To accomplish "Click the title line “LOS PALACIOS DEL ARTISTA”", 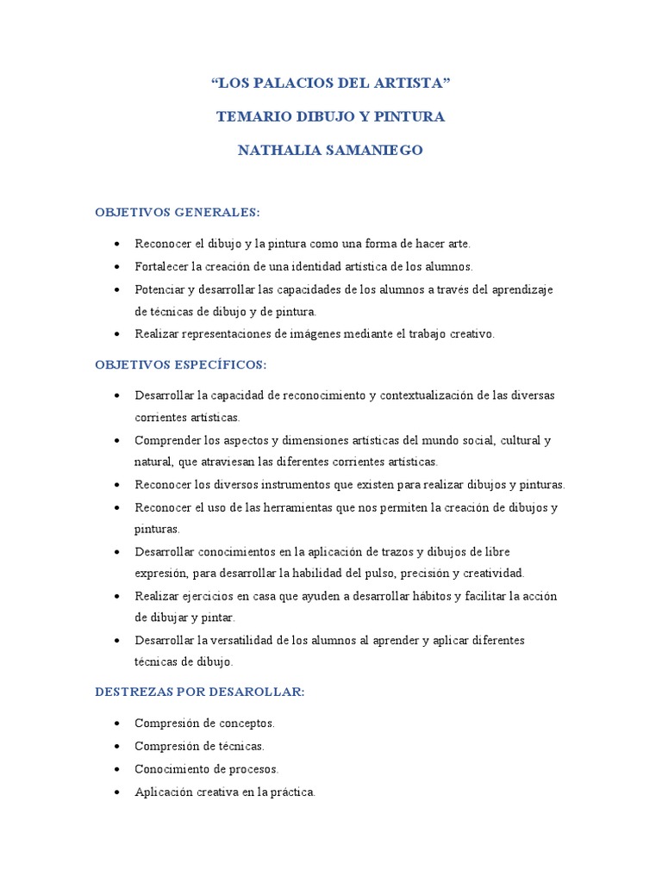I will [x=331, y=84].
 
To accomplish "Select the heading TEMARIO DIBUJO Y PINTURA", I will [x=331, y=117].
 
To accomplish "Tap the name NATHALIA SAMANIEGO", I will [x=331, y=151].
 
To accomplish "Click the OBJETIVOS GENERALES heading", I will [x=178, y=212].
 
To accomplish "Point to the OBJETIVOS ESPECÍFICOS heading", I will [x=181, y=364].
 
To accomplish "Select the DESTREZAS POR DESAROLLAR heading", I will [x=200, y=691].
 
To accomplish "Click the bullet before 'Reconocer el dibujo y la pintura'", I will [x=116, y=245].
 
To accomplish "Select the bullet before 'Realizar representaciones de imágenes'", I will [x=116, y=334].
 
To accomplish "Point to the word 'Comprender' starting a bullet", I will [x=167, y=440].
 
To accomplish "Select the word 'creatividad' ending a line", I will [x=493, y=573].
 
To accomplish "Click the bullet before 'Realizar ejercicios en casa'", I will [x=116, y=596].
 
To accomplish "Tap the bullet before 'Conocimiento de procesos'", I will [x=116, y=768].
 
